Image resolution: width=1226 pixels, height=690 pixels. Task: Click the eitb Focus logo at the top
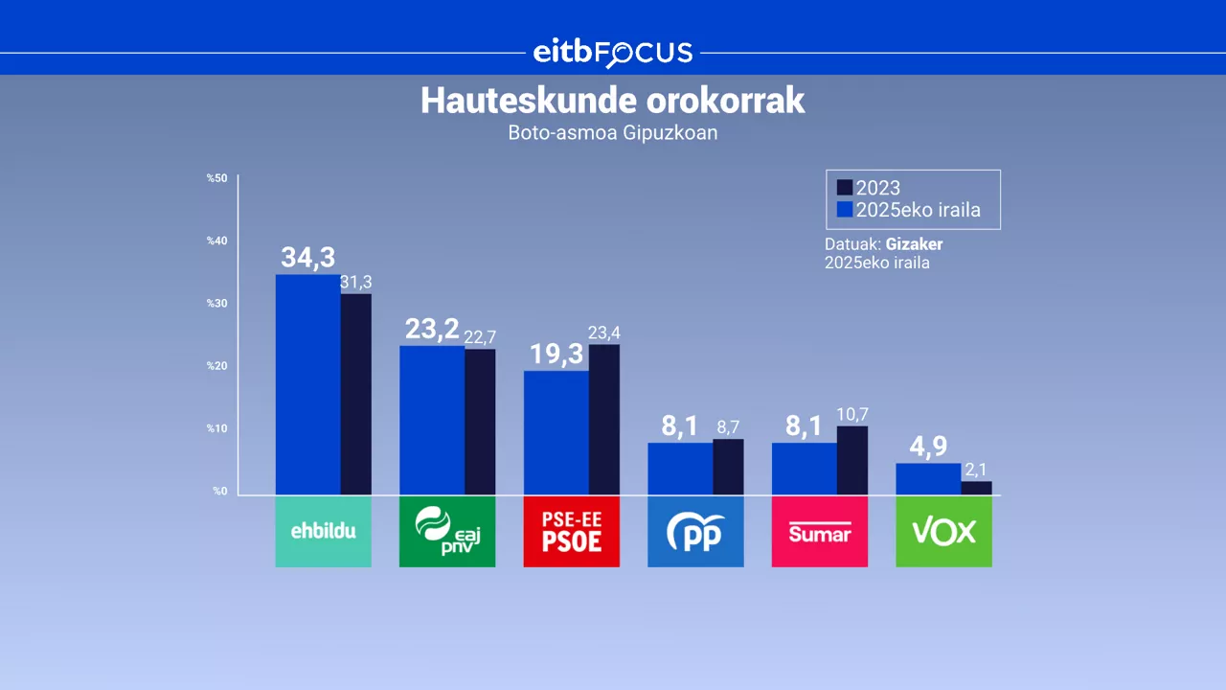coord(613,52)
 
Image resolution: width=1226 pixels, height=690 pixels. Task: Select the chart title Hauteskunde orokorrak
coord(613,102)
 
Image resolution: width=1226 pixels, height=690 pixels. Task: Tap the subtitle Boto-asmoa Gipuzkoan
coord(613,133)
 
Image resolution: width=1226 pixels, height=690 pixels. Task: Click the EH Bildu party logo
coord(323,531)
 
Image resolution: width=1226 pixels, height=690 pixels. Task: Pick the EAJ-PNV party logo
coord(447,531)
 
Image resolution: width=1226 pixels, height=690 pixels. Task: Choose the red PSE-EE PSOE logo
coord(571,531)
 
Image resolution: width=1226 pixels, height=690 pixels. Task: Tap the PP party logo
coord(695,531)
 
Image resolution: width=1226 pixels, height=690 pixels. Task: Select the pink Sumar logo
coord(819,531)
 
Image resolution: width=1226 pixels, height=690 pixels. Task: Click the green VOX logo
coord(943,531)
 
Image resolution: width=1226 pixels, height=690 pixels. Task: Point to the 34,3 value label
coord(307,258)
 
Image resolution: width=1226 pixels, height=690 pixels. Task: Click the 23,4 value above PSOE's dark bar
coord(604,333)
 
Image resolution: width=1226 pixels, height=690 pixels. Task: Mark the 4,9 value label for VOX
coord(928,448)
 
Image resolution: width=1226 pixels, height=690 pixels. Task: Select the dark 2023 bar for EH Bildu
coord(356,394)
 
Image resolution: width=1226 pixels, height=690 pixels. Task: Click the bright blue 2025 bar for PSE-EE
coord(556,432)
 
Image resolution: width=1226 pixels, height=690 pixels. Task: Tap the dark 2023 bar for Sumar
coord(852,460)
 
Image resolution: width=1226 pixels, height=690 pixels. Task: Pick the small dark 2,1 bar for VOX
coord(976,488)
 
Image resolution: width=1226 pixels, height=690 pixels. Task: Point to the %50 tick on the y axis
coord(216,178)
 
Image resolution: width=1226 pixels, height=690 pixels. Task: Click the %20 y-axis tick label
coord(216,366)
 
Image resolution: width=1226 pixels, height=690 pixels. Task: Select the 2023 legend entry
coord(869,188)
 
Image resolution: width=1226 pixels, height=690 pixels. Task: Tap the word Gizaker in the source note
coord(914,244)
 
